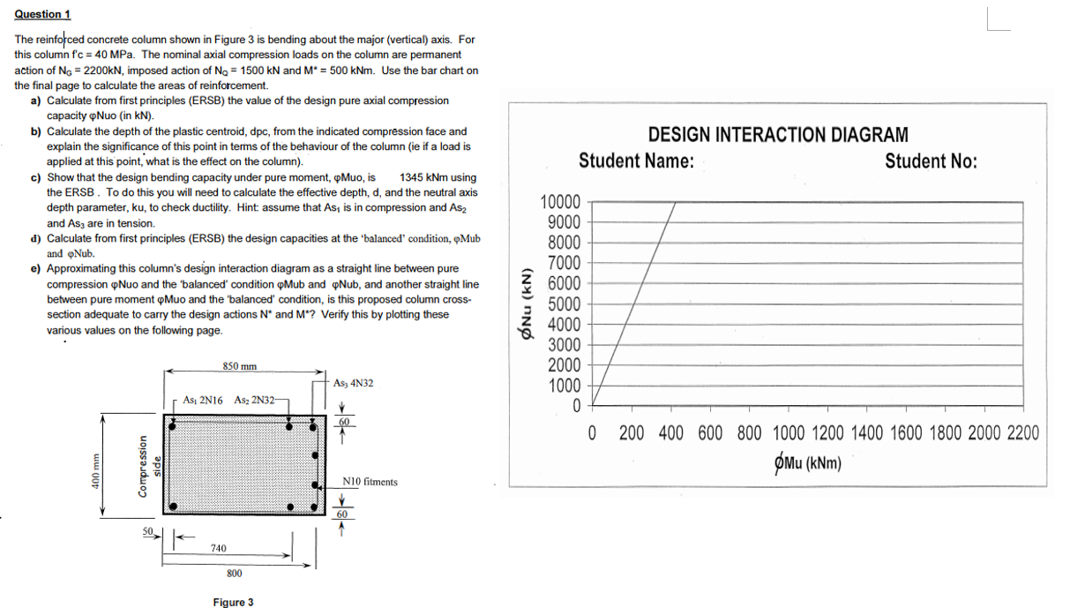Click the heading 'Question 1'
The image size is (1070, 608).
[x=42, y=14]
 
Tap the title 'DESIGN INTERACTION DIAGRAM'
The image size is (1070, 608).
[x=777, y=135]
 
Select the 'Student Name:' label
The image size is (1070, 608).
[x=636, y=162]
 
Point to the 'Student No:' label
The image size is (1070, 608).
[x=931, y=162]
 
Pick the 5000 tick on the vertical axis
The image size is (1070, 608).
[x=564, y=304]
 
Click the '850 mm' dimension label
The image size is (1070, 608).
[x=239, y=365]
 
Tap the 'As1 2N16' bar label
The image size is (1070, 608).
[x=201, y=400]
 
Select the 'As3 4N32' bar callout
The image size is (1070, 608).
[x=354, y=383]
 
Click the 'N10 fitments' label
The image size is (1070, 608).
[x=370, y=482]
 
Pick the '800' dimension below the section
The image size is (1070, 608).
[x=234, y=574]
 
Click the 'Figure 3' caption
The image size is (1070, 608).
[x=233, y=602]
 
